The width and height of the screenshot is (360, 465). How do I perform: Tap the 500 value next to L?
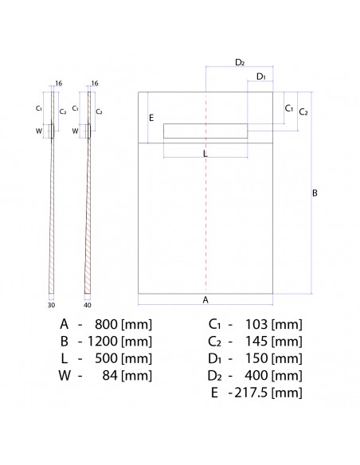(108, 358)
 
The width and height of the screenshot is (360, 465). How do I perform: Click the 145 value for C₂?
(257, 341)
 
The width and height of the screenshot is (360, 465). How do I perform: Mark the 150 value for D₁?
(257, 358)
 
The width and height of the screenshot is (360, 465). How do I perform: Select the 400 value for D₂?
(257, 376)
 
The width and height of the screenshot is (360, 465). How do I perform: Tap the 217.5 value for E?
(251, 393)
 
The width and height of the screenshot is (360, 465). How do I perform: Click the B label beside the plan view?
(315, 193)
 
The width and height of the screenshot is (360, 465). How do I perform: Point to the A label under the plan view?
(205, 299)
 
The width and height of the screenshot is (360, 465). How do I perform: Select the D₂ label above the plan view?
(240, 62)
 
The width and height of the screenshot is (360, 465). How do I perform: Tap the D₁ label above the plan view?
(260, 76)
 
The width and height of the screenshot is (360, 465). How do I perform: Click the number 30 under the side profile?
(50, 304)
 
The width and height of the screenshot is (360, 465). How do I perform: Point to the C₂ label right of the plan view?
(303, 112)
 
